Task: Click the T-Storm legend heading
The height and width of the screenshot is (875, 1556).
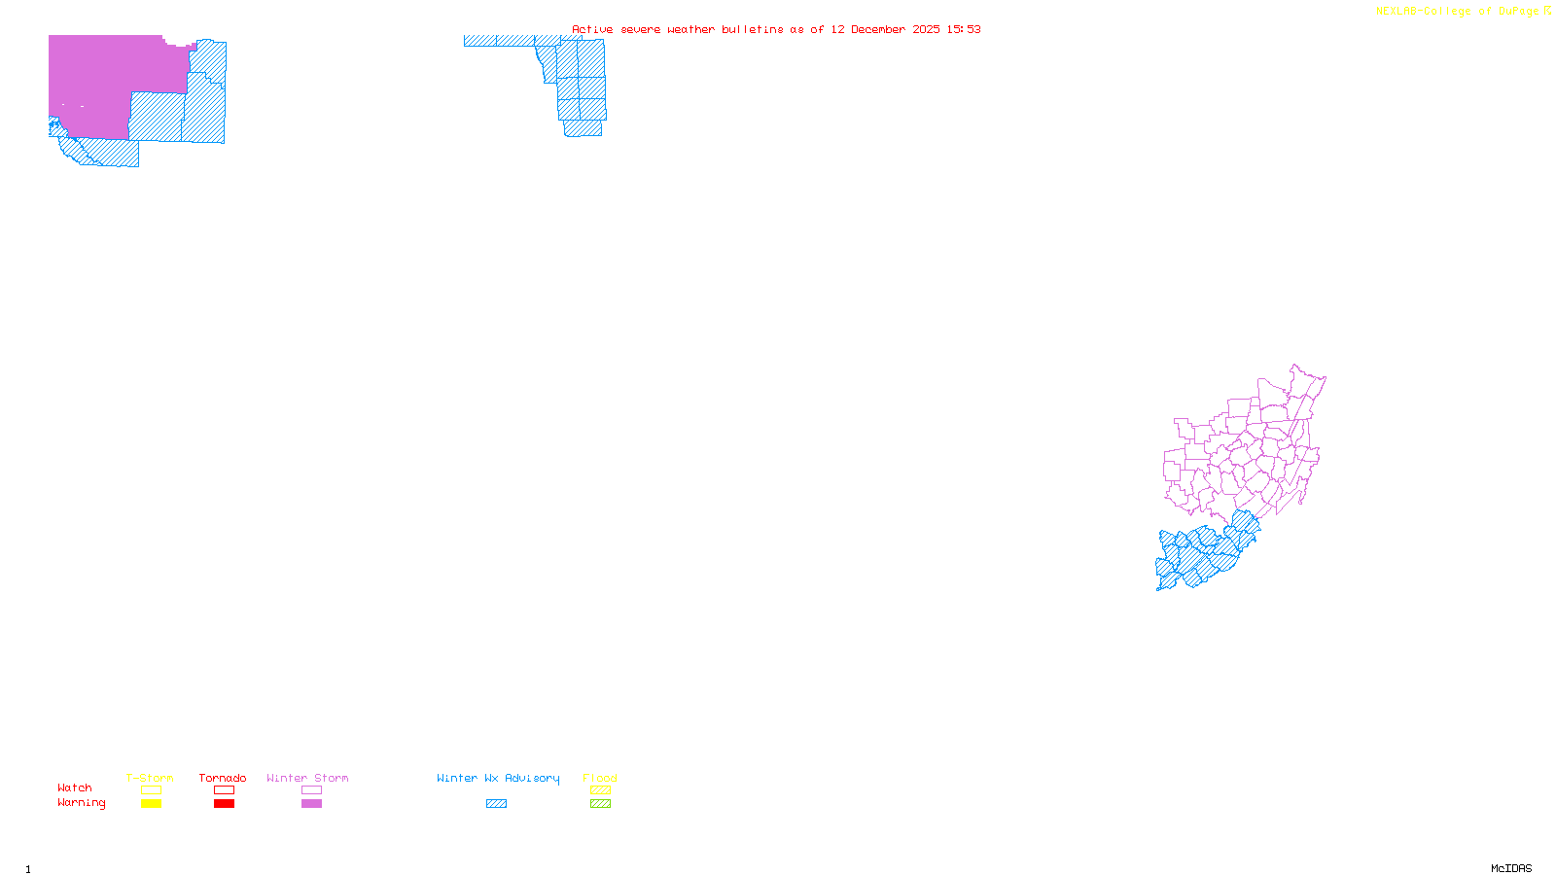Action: click(x=150, y=778)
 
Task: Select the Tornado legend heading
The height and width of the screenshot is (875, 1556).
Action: click(x=223, y=778)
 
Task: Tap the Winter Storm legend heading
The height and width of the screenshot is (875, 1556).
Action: click(x=307, y=778)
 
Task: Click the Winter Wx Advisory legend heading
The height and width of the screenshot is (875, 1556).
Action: click(x=498, y=778)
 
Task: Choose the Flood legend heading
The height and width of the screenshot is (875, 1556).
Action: click(x=600, y=778)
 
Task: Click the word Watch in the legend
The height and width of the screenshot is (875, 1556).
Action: click(x=75, y=787)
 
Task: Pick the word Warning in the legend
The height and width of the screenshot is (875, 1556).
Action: click(x=82, y=803)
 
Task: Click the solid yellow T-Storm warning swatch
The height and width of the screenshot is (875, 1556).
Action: click(x=151, y=804)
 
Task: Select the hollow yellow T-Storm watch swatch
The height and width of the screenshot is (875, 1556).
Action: click(x=151, y=790)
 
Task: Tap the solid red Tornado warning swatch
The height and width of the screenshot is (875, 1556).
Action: click(x=224, y=804)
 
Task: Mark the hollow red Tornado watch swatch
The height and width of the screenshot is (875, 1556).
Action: click(x=224, y=790)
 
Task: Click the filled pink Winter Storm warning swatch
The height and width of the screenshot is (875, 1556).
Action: click(x=311, y=804)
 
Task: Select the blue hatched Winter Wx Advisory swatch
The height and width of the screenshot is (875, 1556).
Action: click(x=496, y=804)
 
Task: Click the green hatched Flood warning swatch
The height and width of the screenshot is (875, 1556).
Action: click(x=600, y=804)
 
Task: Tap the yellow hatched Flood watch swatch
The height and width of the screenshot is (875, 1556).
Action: click(x=600, y=790)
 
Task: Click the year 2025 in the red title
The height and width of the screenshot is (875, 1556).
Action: click(x=927, y=29)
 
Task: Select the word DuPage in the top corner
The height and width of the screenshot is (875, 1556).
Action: click(x=1518, y=12)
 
